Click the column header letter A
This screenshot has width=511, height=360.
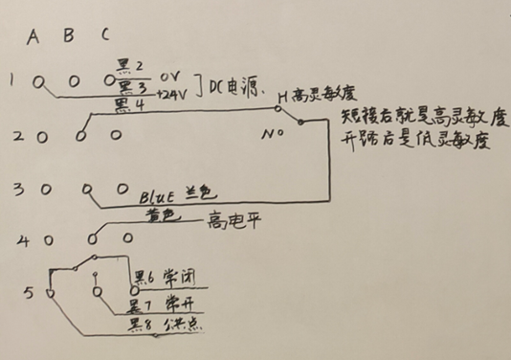pyautogui.click(x=33, y=37)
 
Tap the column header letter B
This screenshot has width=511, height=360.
pyautogui.click(x=68, y=36)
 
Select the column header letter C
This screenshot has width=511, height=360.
pyautogui.click(x=105, y=36)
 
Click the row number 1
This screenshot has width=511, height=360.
pyautogui.click(x=13, y=80)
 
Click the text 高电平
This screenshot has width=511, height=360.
pyautogui.click(x=229, y=225)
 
